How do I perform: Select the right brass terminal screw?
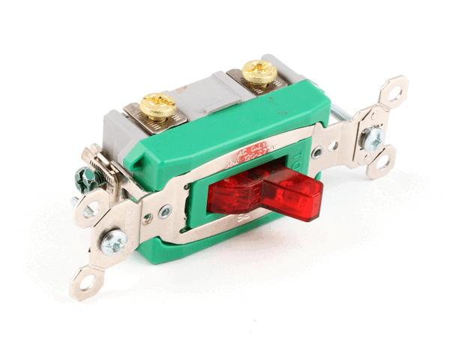coord(260,72)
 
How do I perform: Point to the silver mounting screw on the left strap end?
coord(115,241)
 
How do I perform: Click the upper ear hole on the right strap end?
coord(394,94)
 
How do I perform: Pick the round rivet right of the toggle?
coord(318,152)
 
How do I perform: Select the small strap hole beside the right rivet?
coord(332,147)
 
